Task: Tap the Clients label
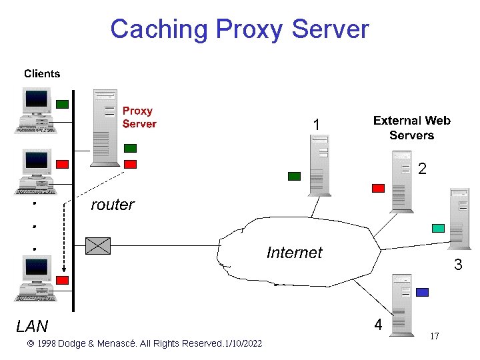42,74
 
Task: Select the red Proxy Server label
139,117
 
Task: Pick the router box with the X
98,245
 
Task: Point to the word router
112,205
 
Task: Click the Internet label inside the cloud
293,253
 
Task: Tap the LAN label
32,326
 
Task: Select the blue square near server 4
421,292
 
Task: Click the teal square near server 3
438,228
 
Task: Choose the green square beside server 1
294,176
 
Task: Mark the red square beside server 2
378,188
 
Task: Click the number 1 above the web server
317,125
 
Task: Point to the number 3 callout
458,265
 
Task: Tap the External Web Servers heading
411,127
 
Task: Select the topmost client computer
36,110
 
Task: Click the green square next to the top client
62,104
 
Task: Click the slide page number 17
434,337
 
